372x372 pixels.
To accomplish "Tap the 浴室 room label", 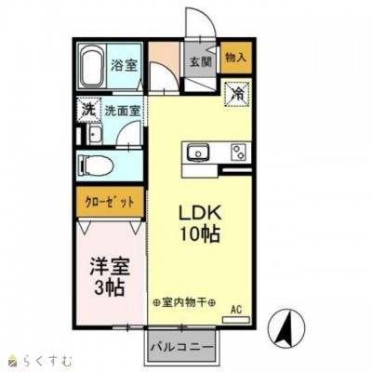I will click(x=124, y=65).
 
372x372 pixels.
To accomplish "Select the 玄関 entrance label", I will click(x=201, y=63).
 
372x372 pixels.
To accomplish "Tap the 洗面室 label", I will click(x=122, y=110).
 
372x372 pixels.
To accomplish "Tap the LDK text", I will click(x=199, y=213).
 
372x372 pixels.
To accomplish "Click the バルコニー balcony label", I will click(x=183, y=347).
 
